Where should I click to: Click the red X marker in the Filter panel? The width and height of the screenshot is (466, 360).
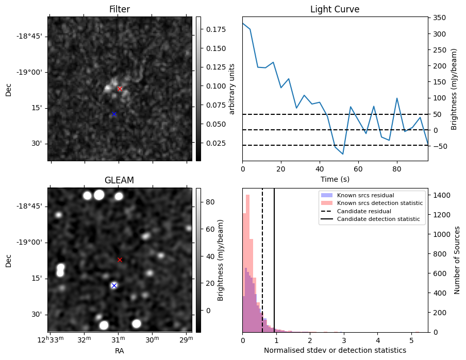click(120, 89)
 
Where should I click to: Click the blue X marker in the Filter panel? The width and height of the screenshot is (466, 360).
click(114, 114)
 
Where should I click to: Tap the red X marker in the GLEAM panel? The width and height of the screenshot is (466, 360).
click(120, 260)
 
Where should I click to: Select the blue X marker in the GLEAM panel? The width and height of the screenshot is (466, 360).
click(114, 285)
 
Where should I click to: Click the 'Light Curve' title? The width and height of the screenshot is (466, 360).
click(335, 9)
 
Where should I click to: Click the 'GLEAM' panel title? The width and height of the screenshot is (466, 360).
click(119, 180)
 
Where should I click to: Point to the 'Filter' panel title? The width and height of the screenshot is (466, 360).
click(120, 9)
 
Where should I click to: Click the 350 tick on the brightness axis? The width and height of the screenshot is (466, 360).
click(439, 18)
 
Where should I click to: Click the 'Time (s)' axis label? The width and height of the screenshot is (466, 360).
click(335, 179)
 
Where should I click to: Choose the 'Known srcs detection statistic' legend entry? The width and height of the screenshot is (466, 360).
click(379, 203)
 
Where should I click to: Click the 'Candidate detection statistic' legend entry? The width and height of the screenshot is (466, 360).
click(378, 219)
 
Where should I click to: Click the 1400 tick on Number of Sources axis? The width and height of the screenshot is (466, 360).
click(441, 195)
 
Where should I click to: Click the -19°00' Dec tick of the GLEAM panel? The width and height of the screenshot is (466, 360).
click(32, 243)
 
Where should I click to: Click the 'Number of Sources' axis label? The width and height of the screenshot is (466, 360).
click(457, 260)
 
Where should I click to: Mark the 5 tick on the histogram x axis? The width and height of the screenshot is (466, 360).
click(411, 340)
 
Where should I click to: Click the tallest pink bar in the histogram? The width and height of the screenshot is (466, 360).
click(247, 263)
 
